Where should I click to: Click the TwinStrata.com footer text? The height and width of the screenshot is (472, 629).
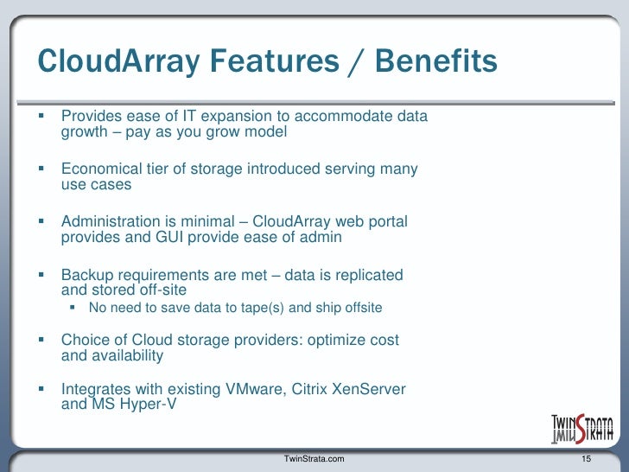click(x=314, y=457)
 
